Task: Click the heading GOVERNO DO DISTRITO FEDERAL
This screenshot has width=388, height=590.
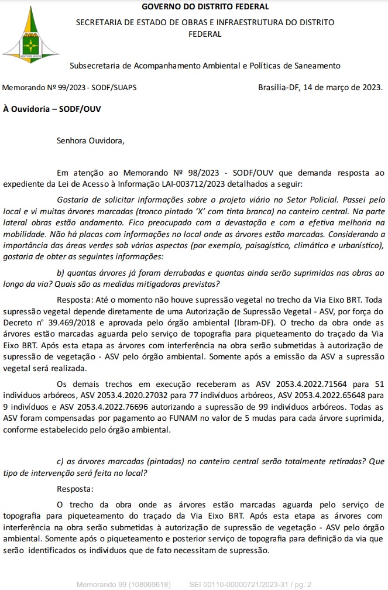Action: pos(205,7)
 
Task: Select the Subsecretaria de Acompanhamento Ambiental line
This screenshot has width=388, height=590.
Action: pos(204,66)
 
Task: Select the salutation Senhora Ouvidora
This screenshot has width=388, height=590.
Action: pos(90,140)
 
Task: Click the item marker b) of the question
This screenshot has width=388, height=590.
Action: pos(61,273)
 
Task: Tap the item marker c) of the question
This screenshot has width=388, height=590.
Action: pos(60,461)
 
